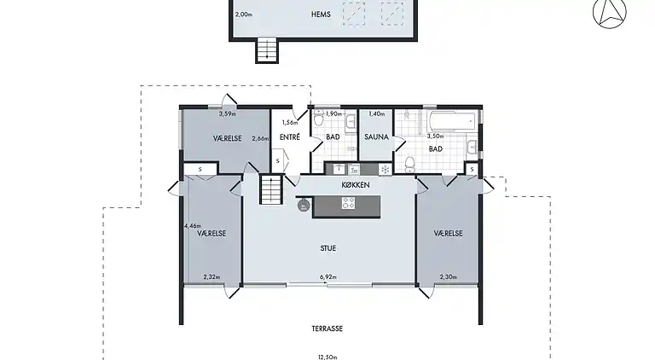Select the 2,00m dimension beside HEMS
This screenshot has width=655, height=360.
coord(243,15)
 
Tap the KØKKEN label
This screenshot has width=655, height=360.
coord(355,184)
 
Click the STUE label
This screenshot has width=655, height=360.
coord(328,248)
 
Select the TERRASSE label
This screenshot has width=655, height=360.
coord(327,328)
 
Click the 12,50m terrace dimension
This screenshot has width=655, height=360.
coord(327,357)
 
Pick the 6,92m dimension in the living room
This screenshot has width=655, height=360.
coord(328,277)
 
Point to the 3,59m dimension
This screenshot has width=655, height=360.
coord(227,113)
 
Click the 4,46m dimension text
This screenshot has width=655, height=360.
coord(192,226)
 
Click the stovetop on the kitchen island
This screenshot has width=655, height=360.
coord(349,203)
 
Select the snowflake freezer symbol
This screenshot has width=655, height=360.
coord(385,168)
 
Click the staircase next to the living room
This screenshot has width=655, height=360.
coord(270,189)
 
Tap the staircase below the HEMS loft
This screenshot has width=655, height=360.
coord(267,50)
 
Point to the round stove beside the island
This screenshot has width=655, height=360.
coord(303,204)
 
